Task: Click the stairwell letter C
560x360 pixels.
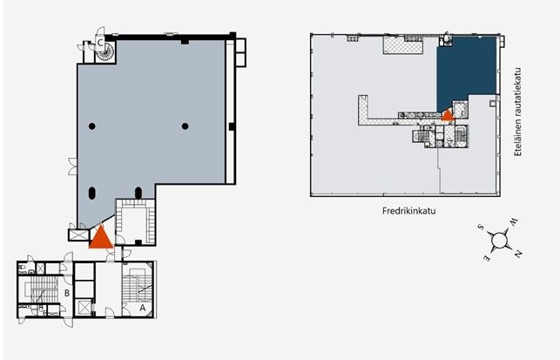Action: point(100,43)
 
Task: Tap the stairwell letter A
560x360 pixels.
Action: point(143,308)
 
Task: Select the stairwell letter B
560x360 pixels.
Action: point(67,293)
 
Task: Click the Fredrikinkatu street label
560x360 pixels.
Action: point(409,211)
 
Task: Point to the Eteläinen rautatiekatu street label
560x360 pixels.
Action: point(518,112)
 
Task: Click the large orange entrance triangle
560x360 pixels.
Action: point(101,237)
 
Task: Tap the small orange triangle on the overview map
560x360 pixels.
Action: point(447,115)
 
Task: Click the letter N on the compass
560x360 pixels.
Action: point(518,254)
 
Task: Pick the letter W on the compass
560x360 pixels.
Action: point(513,222)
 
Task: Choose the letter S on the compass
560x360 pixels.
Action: point(481,227)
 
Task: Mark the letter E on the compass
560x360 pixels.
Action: point(487,259)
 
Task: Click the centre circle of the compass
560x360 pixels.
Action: point(500,241)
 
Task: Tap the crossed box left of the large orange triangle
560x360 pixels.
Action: point(79,234)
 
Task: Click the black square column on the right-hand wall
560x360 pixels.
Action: point(232,126)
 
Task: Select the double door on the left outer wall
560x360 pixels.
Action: point(72,166)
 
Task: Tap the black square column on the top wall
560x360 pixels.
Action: point(185,42)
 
